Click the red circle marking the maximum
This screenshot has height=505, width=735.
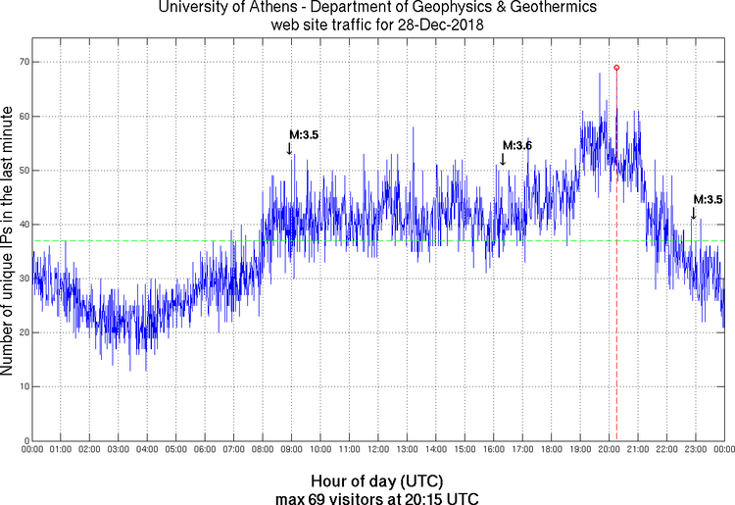(616, 68)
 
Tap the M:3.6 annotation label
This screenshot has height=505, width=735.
(516, 146)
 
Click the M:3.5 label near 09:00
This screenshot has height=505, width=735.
(304, 134)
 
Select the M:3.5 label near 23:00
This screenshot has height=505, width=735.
(708, 199)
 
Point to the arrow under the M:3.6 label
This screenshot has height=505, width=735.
(503, 159)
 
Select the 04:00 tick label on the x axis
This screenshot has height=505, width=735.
(147, 450)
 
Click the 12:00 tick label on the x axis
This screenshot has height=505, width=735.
(377, 450)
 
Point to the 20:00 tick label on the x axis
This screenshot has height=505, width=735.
(608, 450)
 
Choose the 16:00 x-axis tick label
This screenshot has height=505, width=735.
(493, 450)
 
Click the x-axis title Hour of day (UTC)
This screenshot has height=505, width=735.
(377, 481)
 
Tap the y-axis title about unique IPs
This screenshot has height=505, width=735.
(8, 241)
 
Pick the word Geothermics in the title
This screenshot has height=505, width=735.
(542, 8)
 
